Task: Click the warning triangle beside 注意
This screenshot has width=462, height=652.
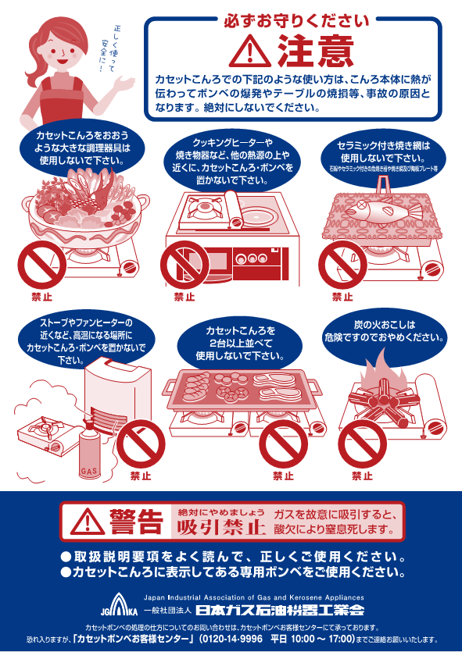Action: (249, 51)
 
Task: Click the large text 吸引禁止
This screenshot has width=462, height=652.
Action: (218, 526)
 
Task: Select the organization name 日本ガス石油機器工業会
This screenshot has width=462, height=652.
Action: (279, 609)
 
